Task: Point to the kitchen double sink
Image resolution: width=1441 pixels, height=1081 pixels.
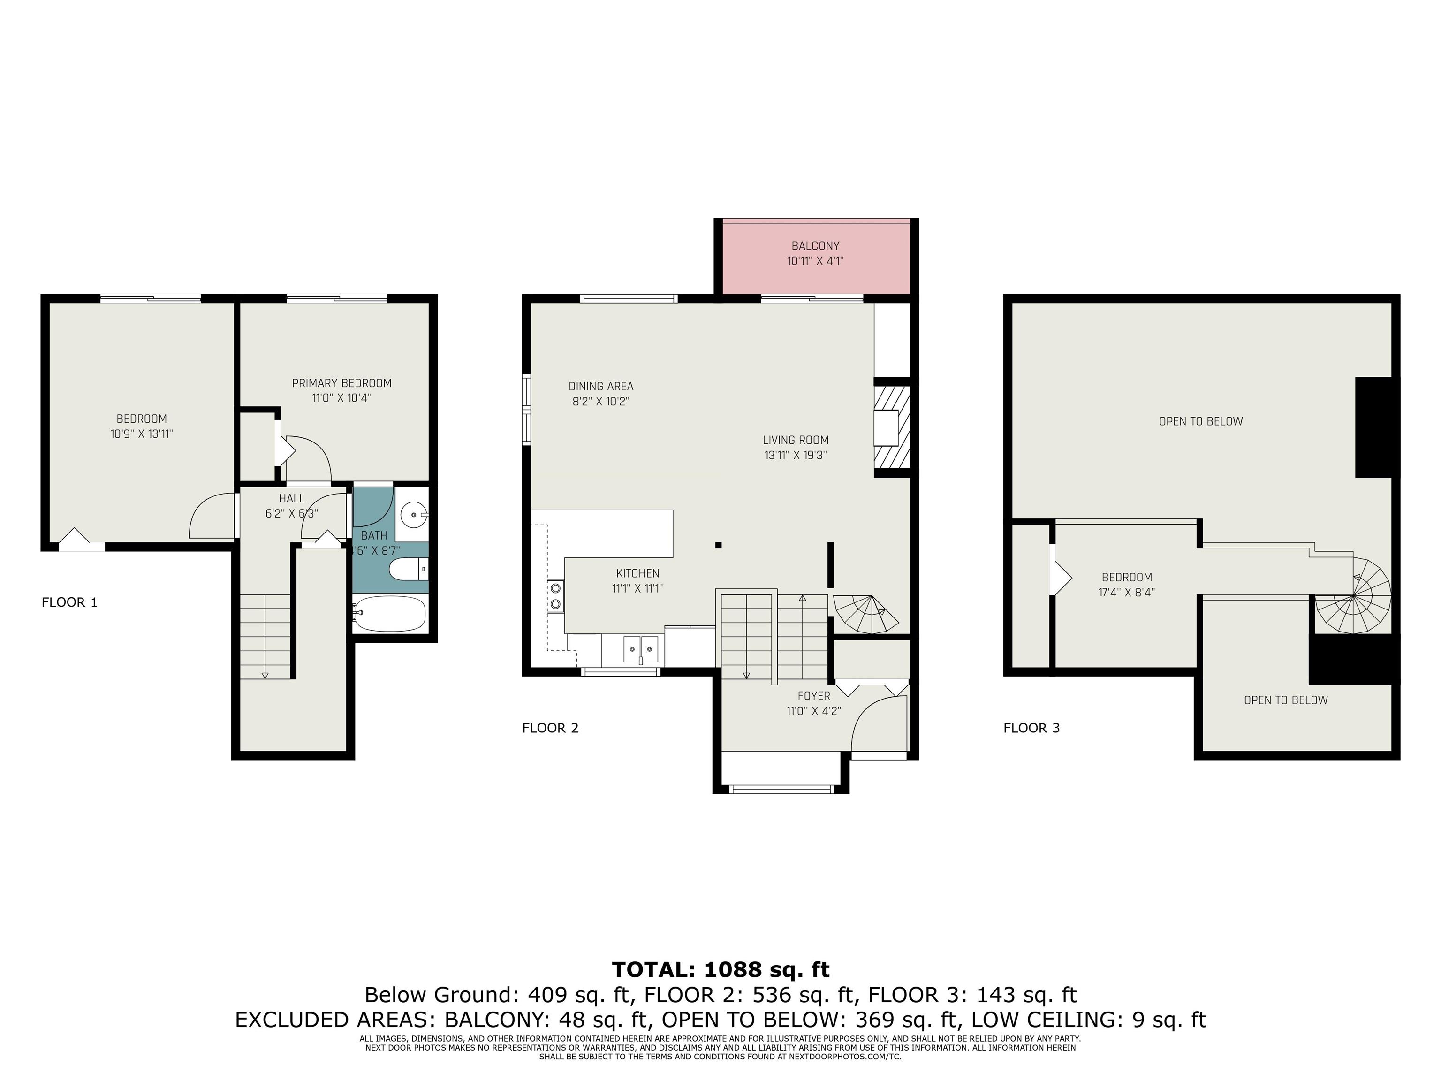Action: coord(641,649)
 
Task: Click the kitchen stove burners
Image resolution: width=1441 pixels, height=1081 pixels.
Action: coord(556,595)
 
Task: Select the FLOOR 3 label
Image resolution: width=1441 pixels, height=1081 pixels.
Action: coord(1031,728)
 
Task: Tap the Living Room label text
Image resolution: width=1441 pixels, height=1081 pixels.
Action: coord(796,440)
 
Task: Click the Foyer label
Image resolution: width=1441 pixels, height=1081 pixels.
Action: coord(814,696)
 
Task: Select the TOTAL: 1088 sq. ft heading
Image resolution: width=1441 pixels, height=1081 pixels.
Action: coord(720,970)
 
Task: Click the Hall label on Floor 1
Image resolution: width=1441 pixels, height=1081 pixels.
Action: coord(291,498)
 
